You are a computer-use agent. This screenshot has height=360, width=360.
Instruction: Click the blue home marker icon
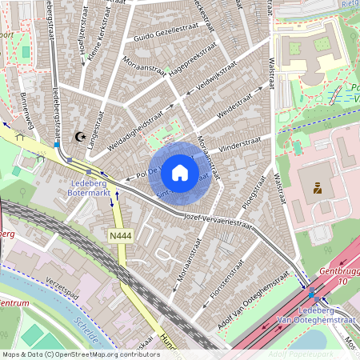180,173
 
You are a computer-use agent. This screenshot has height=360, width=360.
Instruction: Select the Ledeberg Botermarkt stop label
84,186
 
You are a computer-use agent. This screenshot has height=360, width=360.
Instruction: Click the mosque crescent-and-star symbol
79,137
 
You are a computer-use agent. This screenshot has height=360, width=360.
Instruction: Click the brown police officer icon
318,189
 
